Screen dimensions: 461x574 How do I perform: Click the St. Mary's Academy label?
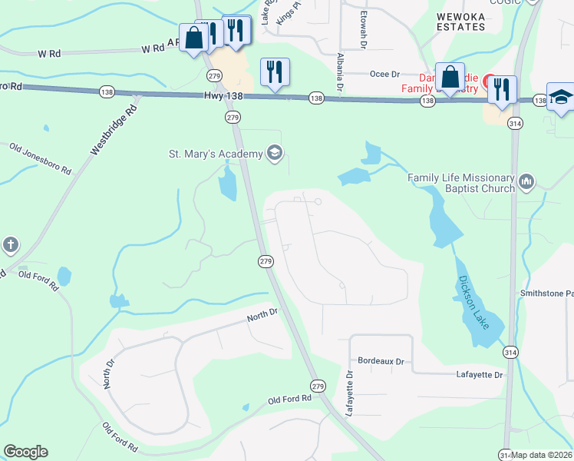click(215, 154)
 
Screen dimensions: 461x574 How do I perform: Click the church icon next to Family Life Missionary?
click(526, 182)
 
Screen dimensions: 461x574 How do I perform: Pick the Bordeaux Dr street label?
click(381, 360)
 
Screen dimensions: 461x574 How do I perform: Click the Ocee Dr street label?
click(385, 75)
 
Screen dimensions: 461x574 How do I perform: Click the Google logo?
click(25, 452)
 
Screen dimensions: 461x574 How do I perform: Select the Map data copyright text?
click(542, 455)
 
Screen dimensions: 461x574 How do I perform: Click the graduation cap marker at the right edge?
click(561, 98)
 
